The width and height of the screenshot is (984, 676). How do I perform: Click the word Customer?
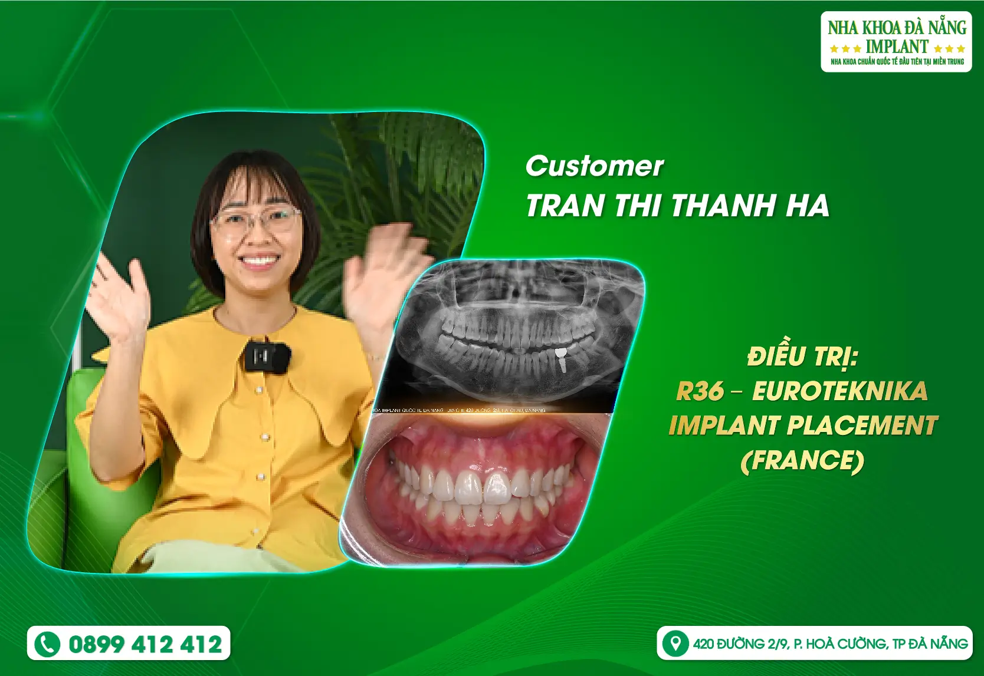click(594, 166)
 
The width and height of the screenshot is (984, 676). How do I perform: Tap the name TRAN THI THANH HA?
click(677, 206)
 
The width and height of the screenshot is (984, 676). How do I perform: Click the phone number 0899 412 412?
click(145, 644)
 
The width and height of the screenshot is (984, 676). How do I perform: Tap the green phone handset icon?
click(47, 644)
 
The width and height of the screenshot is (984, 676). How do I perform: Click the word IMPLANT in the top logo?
click(896, 47)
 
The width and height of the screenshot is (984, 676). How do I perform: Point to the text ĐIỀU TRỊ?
click(802, 357)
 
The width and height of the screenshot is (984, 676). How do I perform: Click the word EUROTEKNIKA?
click(839, 391)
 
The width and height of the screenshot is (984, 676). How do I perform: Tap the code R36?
click(700, 391)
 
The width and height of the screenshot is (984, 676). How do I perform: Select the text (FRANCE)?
click(802, 460)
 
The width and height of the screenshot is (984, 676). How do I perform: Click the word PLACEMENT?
click(862, 426)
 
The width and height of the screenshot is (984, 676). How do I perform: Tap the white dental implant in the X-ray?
click(562, 360)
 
